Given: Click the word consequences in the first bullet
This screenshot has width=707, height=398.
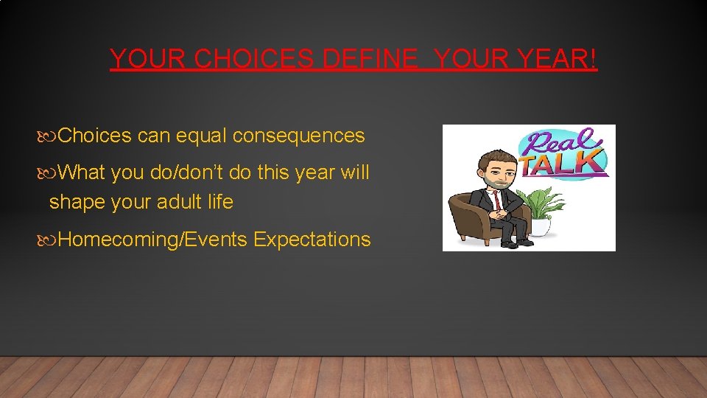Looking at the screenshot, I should coord(298,136).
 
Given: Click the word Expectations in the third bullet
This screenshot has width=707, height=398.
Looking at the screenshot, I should coord(312,240).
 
